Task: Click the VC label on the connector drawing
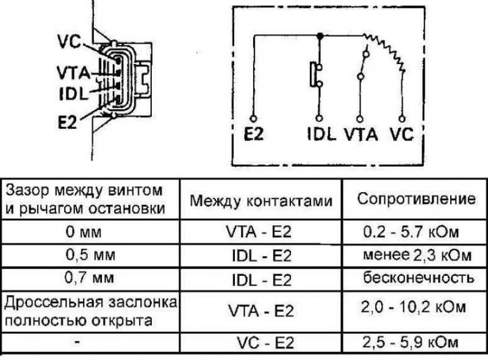[70, 42]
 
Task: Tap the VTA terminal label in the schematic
[361, 134]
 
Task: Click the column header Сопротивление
[415, 199]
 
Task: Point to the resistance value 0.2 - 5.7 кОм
[410, 232]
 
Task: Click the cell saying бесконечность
[418, 278]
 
